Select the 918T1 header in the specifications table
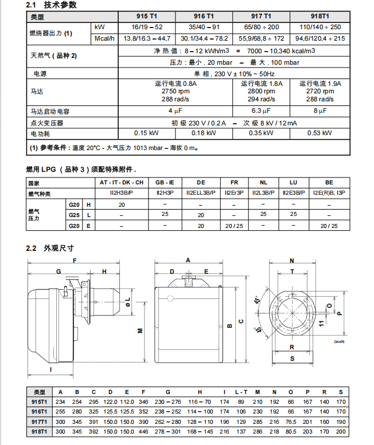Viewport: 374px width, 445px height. [x=320, y=17]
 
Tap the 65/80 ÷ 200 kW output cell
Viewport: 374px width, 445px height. [x=262, y=27]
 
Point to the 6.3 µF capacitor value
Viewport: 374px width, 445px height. [x=261, y=111]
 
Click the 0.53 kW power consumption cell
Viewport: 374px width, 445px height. [x=320, y=133]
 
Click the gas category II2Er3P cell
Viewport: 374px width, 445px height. [x=234, y=194]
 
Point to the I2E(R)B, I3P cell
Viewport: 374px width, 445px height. [x=329, y=194]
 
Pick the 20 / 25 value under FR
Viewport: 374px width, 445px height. [x=234, y=226]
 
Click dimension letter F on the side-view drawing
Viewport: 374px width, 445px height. [x=75, y=261]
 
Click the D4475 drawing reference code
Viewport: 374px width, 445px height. [x=338, y=342]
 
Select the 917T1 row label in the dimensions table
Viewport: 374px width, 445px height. [x=40, y=421]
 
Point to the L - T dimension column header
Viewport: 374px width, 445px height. [x=241, y=392]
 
